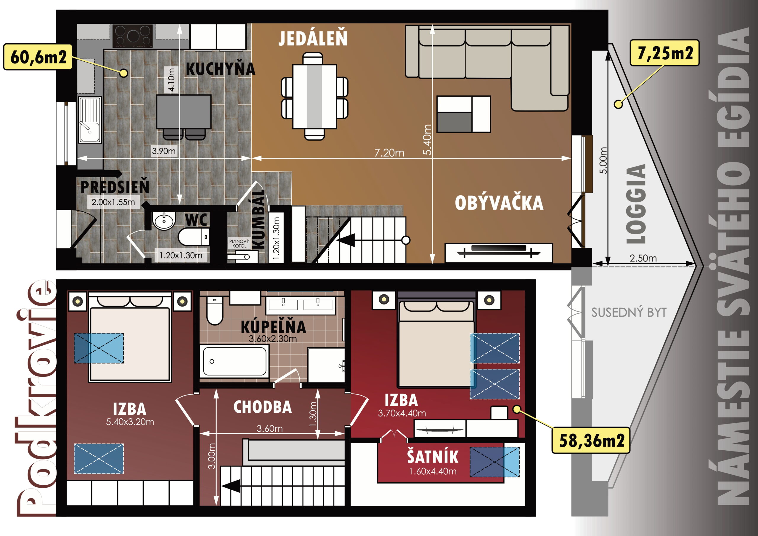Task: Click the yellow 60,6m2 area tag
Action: pyautogui.click(x=38, y=57)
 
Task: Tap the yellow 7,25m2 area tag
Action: pyautogui.click(x=664, y=53)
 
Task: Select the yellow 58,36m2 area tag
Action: pyautogui.click(x=591, y=440)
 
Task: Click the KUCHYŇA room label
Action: pyautogui.click(x=221, y=69)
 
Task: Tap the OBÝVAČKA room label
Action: pyautogui.click(x=499, y=202)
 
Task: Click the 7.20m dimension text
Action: pyautogui.click(x=389, y=153)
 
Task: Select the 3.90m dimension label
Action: pyautogui.click(x=164, y=151)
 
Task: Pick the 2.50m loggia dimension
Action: pyautogui.click(x=643, y=258)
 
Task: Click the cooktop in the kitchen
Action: pyautogui.click(x=132, y=36)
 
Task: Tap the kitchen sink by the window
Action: pyautogui.click(x=90, y=120)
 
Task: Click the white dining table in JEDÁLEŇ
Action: pyautogui.click(x=314, y=96)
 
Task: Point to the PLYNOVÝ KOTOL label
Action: pyautogui.click(x=239, y=244)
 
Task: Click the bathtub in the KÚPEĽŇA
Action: pyautogui.click(x=235, y=361)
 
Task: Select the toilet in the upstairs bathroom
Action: pyautogui.click(x=215, y=310)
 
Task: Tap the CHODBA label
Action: pyautogui.click(x=262, y=407)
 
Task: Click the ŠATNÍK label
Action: pyautogui.click(x=433, y=456)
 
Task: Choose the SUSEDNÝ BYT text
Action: pyautogui.click(x=629, y=312)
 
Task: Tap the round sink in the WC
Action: pyautogui.click(x=164, y=220)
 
